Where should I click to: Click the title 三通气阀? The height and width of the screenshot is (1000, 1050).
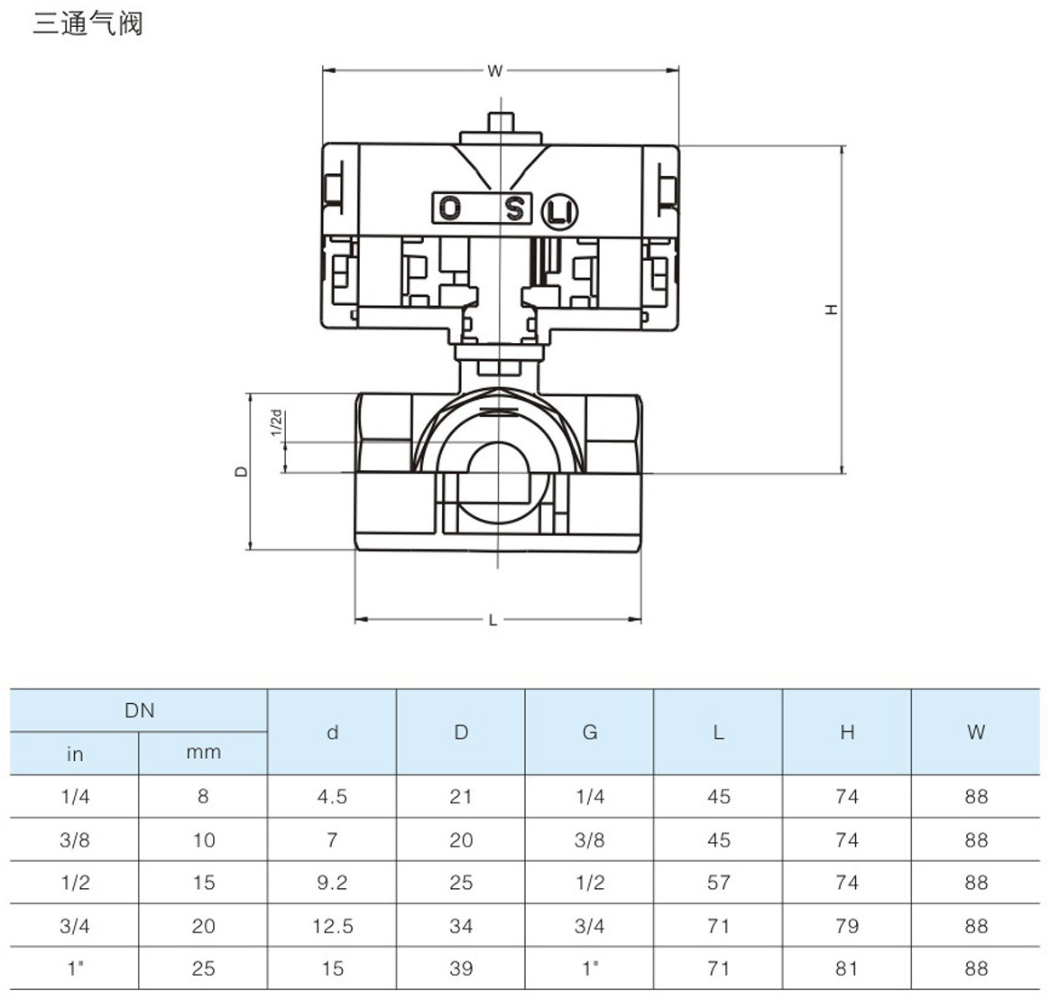87,23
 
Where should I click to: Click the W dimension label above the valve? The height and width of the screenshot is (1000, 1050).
494,70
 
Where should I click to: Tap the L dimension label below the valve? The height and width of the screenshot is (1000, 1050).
493,620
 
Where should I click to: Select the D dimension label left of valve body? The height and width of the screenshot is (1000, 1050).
241,470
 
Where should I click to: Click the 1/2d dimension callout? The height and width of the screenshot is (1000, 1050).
277,422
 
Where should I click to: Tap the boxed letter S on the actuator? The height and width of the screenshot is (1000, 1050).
514,208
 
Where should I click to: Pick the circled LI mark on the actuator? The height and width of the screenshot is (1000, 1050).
559,212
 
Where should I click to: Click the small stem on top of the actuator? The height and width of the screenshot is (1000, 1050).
499,123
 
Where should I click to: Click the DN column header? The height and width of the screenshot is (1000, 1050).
140,710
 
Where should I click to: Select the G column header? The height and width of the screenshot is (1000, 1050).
590,732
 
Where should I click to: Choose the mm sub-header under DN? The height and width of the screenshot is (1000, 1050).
203,753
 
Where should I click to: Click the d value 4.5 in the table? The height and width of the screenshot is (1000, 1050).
332,797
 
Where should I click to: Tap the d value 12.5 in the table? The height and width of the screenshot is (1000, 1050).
332,926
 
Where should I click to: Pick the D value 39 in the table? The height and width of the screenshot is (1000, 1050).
461,968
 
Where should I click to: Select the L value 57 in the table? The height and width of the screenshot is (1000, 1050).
719,883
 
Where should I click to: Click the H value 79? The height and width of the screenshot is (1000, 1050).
847,926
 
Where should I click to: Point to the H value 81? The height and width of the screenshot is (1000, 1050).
847,968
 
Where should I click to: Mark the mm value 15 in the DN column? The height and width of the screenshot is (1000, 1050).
204,883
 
